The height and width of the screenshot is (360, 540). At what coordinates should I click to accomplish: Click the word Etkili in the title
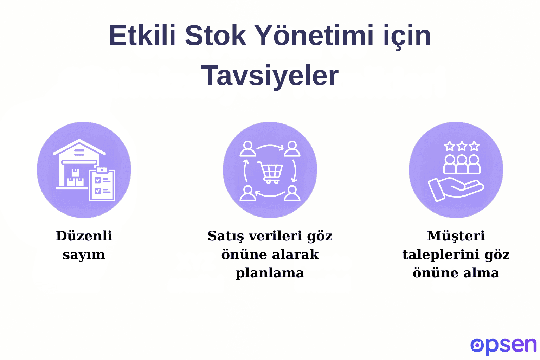click(142, 36)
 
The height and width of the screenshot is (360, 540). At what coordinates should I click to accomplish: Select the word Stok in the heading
click(215, 36)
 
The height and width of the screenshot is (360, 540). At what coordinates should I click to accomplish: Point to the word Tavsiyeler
click(270, 76)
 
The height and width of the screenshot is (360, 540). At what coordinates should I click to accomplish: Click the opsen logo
click(503, 346)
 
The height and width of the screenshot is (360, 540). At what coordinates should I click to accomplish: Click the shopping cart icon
click(270, 172)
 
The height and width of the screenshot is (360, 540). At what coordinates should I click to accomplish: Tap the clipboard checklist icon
click(102, 185)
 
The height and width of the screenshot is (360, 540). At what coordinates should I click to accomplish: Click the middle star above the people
click(462, 146)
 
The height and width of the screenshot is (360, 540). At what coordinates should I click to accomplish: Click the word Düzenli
click(84, 236)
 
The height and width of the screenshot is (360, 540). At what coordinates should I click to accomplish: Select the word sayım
click(84, 255)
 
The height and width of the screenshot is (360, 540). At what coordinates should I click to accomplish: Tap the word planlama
click(270, 273)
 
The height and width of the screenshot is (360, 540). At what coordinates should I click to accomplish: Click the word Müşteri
click(456, 236)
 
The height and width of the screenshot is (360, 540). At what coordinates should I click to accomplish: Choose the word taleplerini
click(441, 255)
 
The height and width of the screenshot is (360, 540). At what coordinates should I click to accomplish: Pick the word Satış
click(225, 236)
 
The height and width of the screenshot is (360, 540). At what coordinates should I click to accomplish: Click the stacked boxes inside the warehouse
click(75, 179)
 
